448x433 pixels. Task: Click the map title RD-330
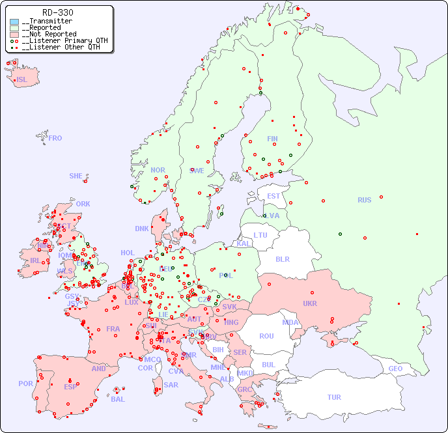click(x=57, y=12)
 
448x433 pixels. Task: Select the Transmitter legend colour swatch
click(x=14, y=21)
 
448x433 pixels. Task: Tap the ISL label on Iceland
click(x=22, y=80)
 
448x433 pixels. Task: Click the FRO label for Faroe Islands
click(x=55, y=138)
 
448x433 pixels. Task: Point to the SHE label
click(x=76, y=176)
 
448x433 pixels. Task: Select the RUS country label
click(x=364, y=200)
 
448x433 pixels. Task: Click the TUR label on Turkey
click(x=334, y=397)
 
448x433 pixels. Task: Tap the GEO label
click(x=395, y=369)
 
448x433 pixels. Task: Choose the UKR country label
click(x=309, y=303)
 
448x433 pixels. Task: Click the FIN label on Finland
click(x=272, y=139)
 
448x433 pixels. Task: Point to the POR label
click(x=25, y=384)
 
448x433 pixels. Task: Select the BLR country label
click(x=282, y=258)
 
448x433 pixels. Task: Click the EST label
click(x=273, y=196)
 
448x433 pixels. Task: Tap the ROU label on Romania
click(x=266, y=336)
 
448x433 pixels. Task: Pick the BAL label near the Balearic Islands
click(x=118, y=399)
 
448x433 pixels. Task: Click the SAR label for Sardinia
click(x=171, y=385)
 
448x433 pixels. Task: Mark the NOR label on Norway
click(x=158, y=170)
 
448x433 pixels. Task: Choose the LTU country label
click(x=260, y=235)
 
